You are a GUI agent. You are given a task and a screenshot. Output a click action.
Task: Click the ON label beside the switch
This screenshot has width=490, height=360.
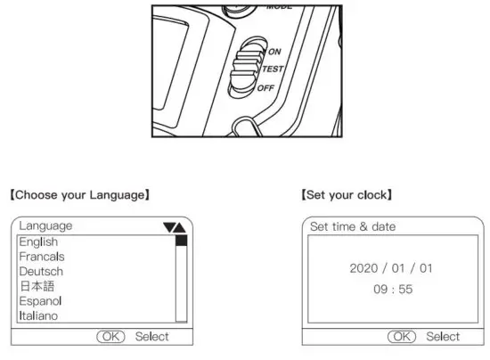tap(274, 52)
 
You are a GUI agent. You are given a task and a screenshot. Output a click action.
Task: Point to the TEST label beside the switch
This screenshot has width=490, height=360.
tap(273, 70)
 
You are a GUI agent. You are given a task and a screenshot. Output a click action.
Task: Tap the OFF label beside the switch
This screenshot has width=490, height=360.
tap(266, 87)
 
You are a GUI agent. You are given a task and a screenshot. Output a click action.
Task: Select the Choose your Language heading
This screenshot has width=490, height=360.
tap(79, 194)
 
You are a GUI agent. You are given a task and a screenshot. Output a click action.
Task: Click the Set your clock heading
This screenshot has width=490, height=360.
tap(347, 194)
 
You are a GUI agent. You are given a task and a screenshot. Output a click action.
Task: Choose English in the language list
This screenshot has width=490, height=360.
tap(38, 241)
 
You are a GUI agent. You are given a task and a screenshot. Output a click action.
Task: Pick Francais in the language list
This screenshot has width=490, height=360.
tap(42, 257)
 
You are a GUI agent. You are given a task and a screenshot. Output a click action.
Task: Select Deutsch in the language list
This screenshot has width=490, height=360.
tap(41, 271)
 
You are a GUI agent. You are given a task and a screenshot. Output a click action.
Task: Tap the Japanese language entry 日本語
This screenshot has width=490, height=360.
tap(37, 286)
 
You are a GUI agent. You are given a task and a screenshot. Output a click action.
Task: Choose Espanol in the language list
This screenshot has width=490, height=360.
tap(41, 301)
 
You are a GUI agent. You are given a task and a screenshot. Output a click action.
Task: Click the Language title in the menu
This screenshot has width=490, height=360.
tap(45, 226)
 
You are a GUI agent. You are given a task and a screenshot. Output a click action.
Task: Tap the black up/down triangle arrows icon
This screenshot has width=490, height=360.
tap(175, 227)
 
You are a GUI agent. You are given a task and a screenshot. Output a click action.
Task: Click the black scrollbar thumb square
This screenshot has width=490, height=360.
tap(181, 241)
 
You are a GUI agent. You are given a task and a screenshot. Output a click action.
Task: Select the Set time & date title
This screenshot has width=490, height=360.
tap(352, 226)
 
